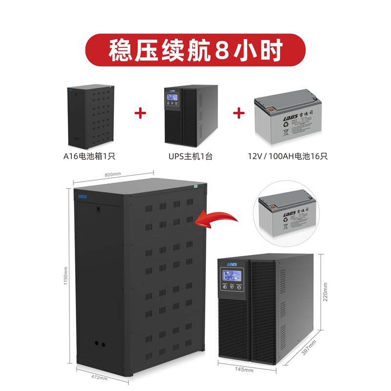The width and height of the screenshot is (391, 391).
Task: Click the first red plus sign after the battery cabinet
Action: [x=140, y=113]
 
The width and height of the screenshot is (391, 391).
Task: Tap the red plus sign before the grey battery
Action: [x=239, y=113]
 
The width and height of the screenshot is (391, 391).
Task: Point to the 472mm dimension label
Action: [x=99, y=377]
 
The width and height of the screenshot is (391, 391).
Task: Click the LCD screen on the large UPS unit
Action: [x=231, y=277]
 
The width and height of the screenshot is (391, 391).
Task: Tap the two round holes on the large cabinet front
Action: [x=99, y=344]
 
